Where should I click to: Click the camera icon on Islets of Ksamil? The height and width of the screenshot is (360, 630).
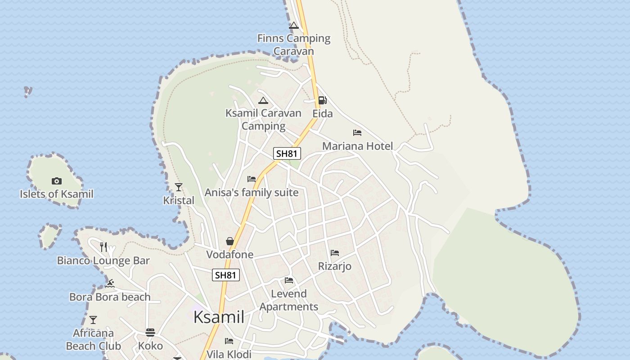[x=56, y=181]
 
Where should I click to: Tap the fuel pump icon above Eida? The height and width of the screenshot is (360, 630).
[x=322, y=100]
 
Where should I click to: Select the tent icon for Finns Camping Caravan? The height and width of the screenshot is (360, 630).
[x=294, y=25]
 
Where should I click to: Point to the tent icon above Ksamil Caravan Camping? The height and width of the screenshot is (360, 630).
[x=263, y=100]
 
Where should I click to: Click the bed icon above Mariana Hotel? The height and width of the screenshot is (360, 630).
[x=357, y=133]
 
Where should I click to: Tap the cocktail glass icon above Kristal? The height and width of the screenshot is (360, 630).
[x=179, y=187]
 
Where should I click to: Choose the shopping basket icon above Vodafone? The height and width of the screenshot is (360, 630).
[x=230, y=241]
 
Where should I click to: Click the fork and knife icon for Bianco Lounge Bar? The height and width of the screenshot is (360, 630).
[x=103, y=247]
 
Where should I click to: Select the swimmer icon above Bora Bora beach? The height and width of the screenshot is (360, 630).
[x=110, y=283]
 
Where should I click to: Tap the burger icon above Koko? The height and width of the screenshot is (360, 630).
[x=150, y=333]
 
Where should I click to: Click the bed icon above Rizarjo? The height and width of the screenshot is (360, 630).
[x=335, y=253]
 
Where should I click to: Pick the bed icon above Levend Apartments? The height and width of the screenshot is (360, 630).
[x=289, y=280]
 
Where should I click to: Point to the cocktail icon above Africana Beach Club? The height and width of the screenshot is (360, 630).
[x=93, y=320]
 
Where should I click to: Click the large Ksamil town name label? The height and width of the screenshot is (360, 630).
[x=219, y=317]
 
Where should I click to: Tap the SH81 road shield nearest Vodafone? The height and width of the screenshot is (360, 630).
[x=226, y=275]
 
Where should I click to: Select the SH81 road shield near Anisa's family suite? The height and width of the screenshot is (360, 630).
[x=287, y=153]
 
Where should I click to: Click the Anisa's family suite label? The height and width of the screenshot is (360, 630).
[x=252, y=193]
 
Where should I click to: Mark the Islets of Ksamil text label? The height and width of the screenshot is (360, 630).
[x=57, y=194]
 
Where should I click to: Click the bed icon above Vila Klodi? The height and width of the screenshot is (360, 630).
[x=229, y=341]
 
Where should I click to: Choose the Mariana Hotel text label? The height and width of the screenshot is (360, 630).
[x=357, y=146]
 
